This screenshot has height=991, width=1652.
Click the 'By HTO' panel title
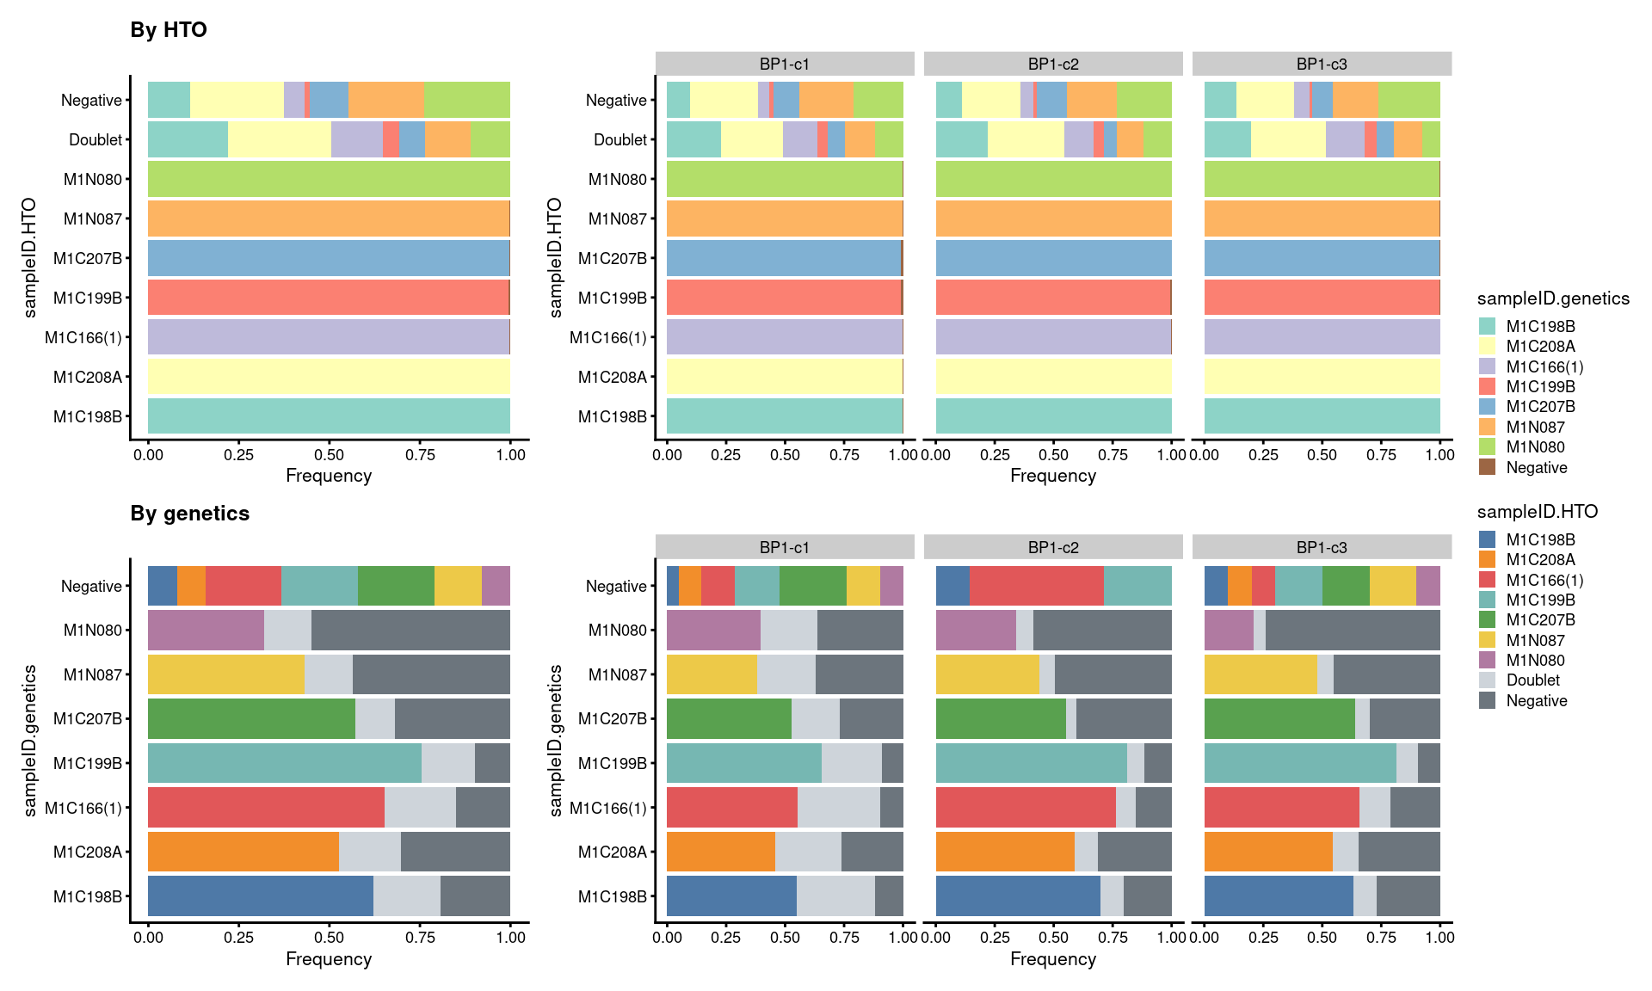169,30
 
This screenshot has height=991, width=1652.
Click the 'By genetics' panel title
189,514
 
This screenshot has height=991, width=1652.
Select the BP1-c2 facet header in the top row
1052,64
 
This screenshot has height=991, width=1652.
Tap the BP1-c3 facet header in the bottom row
1321,547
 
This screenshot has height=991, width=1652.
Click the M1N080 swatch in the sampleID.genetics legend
1487,446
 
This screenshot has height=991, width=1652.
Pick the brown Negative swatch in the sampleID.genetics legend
1487,467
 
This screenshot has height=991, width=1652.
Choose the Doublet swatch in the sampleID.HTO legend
1487,680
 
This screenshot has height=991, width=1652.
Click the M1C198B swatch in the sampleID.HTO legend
1487,539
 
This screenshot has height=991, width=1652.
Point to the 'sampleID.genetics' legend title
1553,299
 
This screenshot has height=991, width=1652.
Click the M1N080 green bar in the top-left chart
329,179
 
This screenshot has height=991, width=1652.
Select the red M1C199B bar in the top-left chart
329,298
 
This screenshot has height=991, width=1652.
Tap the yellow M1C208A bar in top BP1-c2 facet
1053,377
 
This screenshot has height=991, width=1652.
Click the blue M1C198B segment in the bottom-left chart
260,896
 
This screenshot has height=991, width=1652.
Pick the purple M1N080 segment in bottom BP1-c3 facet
1228,630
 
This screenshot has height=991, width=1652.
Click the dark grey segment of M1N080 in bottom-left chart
410,630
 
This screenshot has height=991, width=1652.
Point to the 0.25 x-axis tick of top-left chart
238,454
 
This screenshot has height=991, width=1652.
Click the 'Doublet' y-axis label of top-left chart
96,139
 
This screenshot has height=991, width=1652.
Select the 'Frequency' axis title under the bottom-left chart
329,958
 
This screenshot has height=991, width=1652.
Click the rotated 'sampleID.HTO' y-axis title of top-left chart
30,258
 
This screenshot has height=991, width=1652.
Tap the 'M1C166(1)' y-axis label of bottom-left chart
83,808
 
